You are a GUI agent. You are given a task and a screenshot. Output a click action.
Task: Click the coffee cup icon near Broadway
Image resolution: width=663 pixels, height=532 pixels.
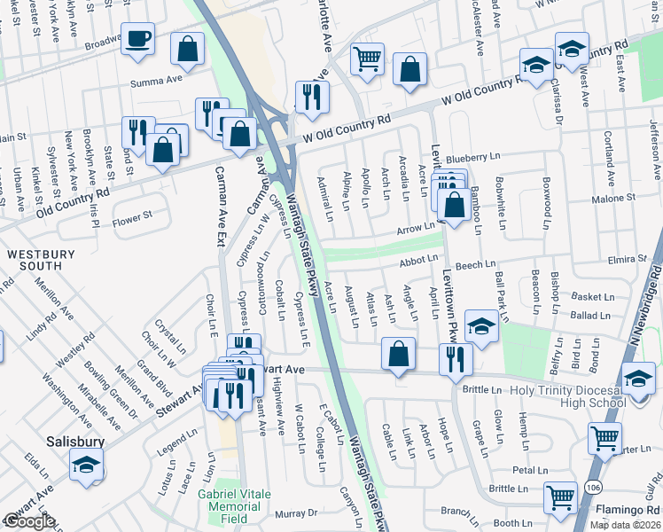click(x=137, y=40)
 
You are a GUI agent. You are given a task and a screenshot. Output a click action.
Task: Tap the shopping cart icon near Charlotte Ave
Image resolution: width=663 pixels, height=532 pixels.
click(x=366, y=59)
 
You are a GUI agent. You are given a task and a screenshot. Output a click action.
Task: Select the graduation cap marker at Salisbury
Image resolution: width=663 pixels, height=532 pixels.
click(x=86, y=464)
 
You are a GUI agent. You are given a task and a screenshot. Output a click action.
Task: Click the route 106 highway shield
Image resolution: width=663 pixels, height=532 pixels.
click(x=592, y=486)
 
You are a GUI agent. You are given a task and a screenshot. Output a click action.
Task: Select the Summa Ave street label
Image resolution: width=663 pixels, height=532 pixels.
click(x=155, y=82)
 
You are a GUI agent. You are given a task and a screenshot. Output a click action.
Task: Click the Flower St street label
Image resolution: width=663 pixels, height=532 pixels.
click(x=132, y=215)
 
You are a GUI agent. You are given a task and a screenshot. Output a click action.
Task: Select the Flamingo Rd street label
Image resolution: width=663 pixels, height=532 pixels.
click(x=621, y=510)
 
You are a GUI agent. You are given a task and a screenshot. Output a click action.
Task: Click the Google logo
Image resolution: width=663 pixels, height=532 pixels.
click(x=29, y=521)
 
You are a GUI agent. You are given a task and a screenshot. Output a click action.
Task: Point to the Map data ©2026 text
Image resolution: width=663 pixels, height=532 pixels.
click(x=625, y=525)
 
